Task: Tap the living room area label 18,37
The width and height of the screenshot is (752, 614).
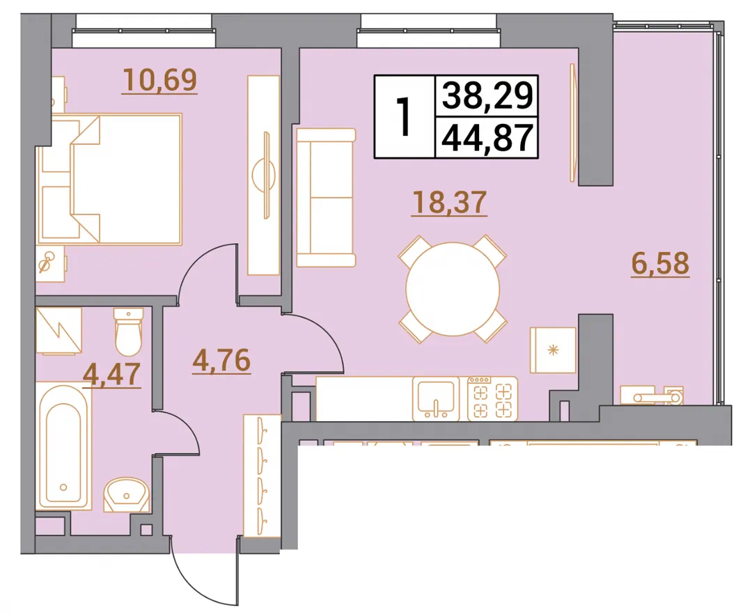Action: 449,202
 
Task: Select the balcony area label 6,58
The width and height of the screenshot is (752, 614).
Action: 660,263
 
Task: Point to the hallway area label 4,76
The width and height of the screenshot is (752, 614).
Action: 221,361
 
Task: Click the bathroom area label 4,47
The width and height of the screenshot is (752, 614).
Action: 111,374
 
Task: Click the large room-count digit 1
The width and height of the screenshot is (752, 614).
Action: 405,116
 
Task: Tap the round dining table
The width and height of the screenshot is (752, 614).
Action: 453,289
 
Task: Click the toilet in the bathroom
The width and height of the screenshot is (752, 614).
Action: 128,331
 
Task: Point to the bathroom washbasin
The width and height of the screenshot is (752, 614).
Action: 127,494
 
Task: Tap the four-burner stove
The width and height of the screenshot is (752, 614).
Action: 492,399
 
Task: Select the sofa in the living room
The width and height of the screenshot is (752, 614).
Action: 326,198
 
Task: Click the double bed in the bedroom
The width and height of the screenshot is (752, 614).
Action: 110,180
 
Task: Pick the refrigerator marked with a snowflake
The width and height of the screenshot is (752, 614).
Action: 553,350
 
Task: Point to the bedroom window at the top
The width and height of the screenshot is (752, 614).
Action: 144,31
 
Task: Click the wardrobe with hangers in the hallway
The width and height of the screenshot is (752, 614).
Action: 262,475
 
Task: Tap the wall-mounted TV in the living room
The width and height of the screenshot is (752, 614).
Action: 572,123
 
